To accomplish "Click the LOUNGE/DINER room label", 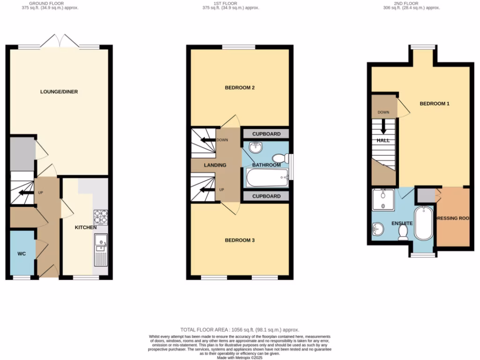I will [x=59, y=92].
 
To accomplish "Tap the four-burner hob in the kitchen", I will [x=100, y=217].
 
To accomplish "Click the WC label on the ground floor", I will [x=22, y=254].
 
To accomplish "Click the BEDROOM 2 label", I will [x=240, y=88].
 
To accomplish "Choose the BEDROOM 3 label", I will [x=240, y=240].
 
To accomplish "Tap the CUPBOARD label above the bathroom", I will [x=266, y=134].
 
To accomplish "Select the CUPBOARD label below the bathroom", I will [x=266, y=196].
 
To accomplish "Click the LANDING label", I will [x=215, y=165].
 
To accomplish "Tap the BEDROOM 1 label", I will [x=434, y=104].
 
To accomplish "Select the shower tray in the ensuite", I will [x=383, y=201].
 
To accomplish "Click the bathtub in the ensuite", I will [x=424, y=223].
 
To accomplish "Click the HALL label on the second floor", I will [x=382, y=140].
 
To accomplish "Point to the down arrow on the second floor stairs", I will [x=383, y=126].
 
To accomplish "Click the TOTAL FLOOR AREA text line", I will [x=240, y=330].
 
